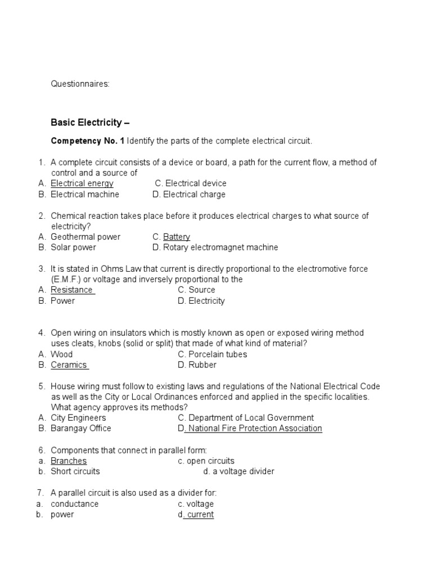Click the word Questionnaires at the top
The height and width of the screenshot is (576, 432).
[x=80, y=84]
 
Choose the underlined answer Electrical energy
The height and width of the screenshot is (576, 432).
[x=82, y=183]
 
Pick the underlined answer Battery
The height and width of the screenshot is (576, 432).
[x=177, y=237]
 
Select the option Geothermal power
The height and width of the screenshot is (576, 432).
[x=85, y=237]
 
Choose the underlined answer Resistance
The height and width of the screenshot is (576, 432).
[x=72, y=290]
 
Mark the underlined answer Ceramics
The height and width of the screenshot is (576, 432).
[x=69, y=365]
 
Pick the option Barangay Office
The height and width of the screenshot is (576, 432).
[x=81, y=429]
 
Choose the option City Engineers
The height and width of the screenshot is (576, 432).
[x=78, y=418]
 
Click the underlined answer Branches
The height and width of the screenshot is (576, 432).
[x=69, y=461]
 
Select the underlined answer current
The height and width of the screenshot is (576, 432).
[x=200, y=515]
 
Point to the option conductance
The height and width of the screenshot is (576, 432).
[x=74, y=504]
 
